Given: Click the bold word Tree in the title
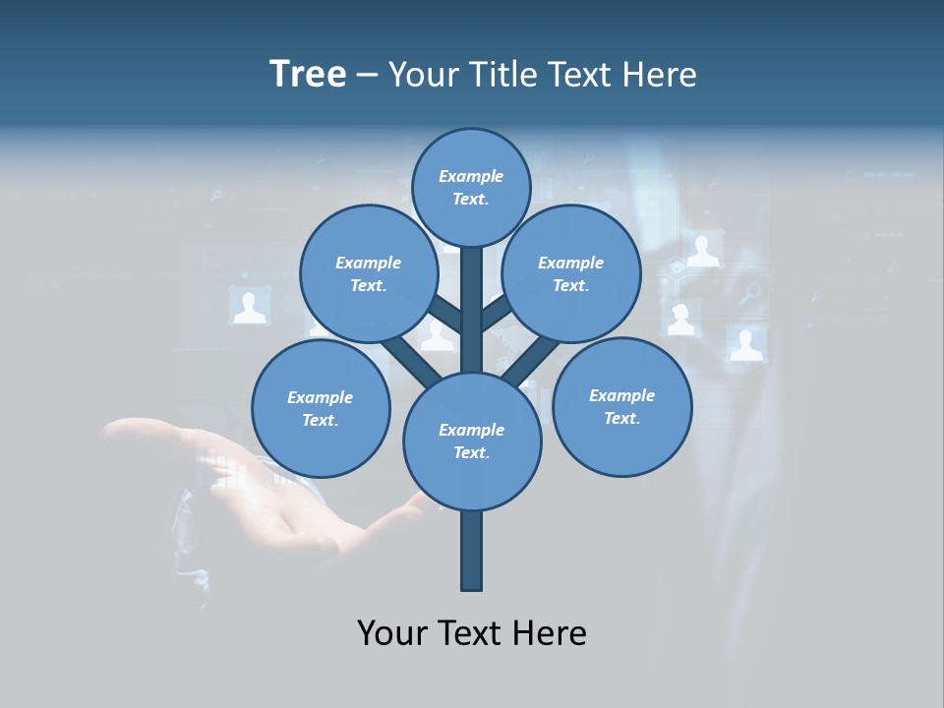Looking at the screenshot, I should (308, 74).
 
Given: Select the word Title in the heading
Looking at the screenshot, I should (503, 74).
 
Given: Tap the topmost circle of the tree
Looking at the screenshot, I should (471, 187).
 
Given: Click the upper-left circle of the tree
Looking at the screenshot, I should (368, 273).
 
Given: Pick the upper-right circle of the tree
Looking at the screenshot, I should (571, 273).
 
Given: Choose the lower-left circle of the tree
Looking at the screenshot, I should (321, 408).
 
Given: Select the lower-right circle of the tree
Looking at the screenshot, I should (621, 406).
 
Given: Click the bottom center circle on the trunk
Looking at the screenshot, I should (472, 441).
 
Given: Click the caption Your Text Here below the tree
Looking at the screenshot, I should (472, 632).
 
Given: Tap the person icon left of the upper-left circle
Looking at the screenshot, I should (250, 306).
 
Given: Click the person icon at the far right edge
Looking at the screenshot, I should (746, 343).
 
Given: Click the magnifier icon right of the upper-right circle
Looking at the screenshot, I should (750, 293).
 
